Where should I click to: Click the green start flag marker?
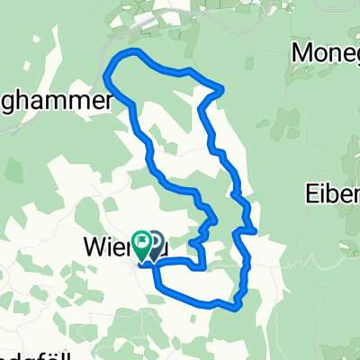(141, 242)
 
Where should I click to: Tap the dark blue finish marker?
(155, 242)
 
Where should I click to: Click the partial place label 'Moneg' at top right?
(326, 53)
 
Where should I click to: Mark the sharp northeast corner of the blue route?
(220, 87)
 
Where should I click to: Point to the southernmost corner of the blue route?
(236, 307)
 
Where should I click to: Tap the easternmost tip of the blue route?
(256, 231)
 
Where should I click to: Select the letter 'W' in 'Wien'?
(94, 244)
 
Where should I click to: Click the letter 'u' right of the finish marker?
(167, 244)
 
